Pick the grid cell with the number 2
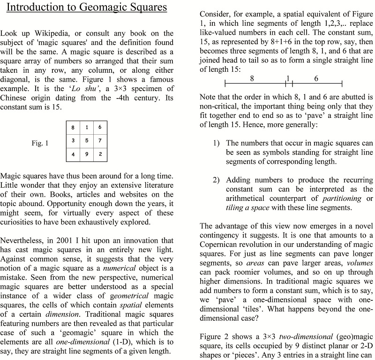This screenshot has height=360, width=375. pos(100,154)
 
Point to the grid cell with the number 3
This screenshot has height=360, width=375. pos(73,140)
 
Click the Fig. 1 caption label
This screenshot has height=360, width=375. pos(40,143)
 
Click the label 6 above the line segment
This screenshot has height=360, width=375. pos(316,79)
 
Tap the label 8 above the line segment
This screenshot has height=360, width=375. pos(252,79)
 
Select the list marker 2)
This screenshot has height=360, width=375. pos(216,180)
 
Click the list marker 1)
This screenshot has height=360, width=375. pos(216,143)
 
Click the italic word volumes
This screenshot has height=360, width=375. pos(360,263)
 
